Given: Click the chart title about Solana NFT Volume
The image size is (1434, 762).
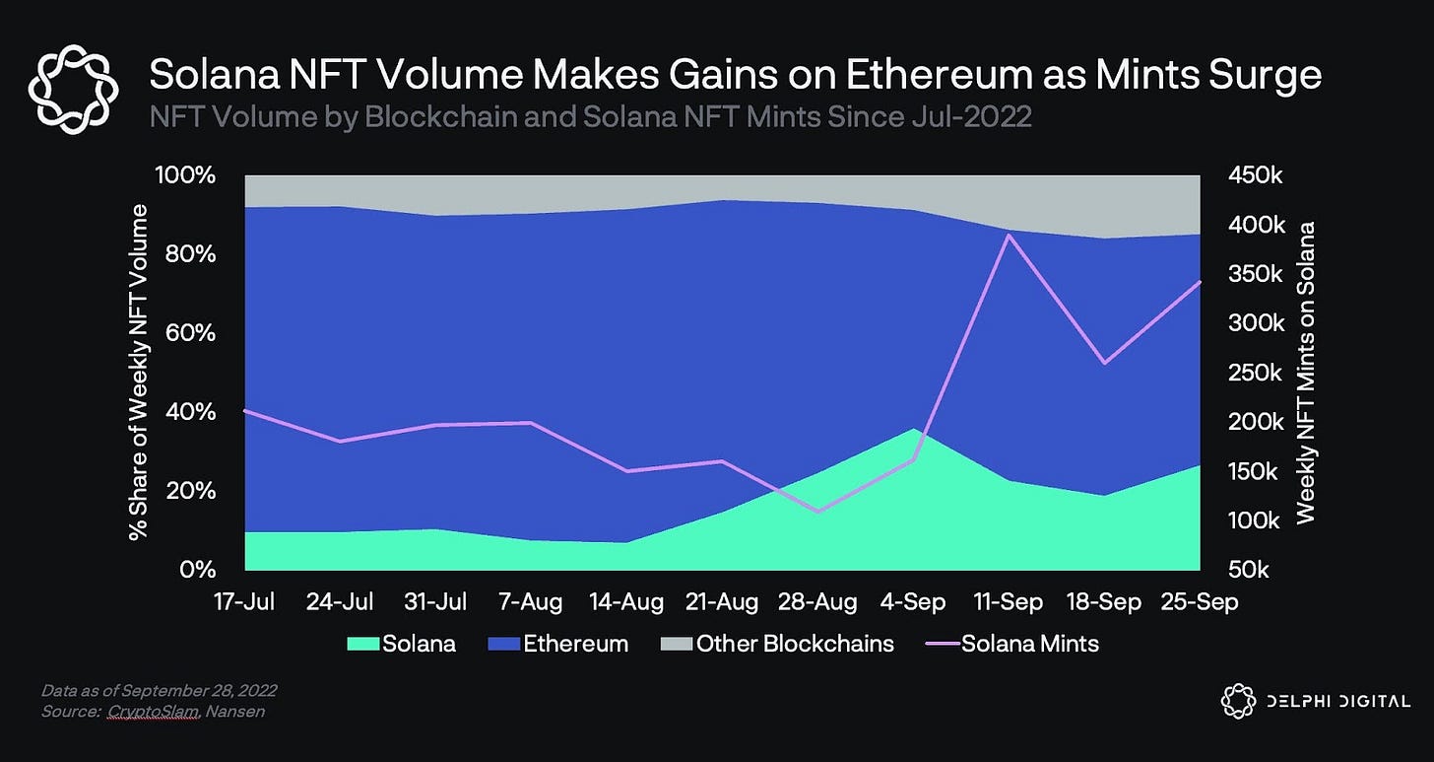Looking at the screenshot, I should (735, 74).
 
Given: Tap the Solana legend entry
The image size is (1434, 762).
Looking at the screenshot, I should (402, 644).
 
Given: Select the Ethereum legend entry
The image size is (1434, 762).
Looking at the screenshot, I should (558, 644).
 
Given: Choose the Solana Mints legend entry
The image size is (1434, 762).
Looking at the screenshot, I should (1015, 644).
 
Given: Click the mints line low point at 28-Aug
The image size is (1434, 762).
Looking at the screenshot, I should (817, 512).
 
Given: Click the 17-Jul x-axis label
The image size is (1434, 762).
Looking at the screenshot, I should (245, 600).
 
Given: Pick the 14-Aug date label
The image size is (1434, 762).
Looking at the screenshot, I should (627, 600).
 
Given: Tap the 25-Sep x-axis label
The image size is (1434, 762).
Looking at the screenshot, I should (1201, 600).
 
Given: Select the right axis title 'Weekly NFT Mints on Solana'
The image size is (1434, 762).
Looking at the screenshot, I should (1306, 373).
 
